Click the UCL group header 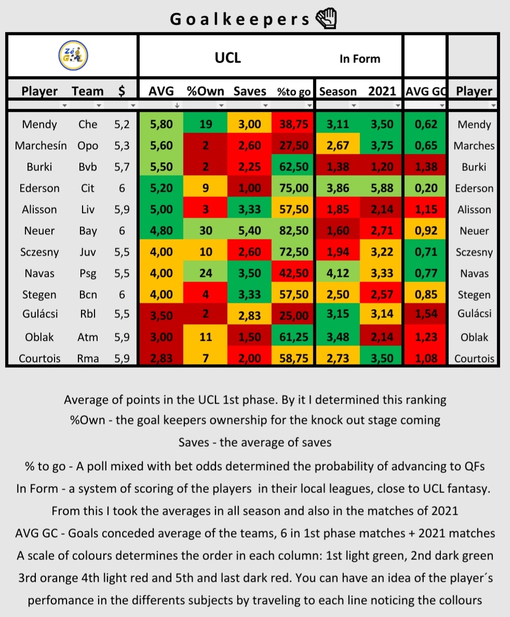pos(227,58)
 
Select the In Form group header pos(359,59)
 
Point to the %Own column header pos(205,91)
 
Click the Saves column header pos(249,91)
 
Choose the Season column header pos(338,91)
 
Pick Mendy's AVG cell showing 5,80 pos(161,125)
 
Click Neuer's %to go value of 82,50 pos(293,231)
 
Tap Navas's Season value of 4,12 pos(338,274)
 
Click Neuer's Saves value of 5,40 pos(249,231)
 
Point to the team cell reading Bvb pos(88,167)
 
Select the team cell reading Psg pos(88,274)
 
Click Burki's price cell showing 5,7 pos(122,167)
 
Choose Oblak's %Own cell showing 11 pos(205,337)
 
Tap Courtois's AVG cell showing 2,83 pos(161,358)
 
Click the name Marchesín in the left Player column pos(41,146)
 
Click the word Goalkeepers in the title pos(240,19)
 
